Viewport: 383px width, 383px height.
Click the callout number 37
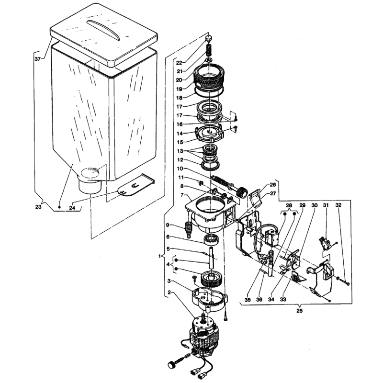coord(38,59)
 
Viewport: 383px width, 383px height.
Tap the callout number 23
coord(38,207)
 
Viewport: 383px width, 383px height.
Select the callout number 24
coord(72,208)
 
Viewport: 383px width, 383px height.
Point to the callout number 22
coord(179,63)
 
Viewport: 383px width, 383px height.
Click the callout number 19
coord(179,89)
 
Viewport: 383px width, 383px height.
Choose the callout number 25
coord(300,311)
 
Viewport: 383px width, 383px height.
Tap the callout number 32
coord(338,205)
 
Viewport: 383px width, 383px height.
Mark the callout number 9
coord(168,225)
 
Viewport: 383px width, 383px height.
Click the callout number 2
coord(169,292)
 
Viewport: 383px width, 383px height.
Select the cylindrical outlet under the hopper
coord(90,186)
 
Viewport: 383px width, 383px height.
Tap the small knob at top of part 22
coord(208,38)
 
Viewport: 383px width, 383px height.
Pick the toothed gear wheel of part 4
coord(211,279)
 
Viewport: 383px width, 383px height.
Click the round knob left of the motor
coord(171,365)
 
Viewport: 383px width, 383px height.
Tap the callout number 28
coord(289,205)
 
